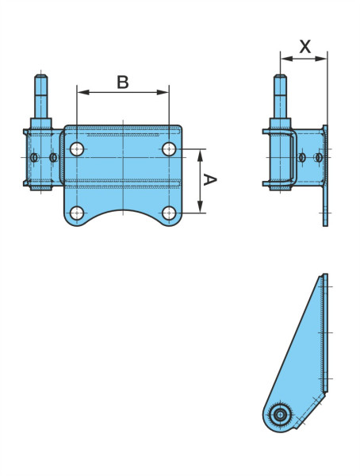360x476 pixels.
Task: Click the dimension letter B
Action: (x=123, y=82)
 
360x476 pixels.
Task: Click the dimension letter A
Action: (x=210, y=179)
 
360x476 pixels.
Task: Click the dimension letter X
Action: (x=305, y=47)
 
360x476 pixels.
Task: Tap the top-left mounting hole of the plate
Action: (x=77, y=149)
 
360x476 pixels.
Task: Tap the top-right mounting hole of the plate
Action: (x=169, y=149)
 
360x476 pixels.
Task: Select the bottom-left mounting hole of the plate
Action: (x=77, y=213)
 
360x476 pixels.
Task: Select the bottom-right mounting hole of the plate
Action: (x=169, y=213)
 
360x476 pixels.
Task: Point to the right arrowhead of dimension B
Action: (x=163, y=92)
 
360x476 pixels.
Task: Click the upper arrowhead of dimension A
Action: (x=200, y=155)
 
